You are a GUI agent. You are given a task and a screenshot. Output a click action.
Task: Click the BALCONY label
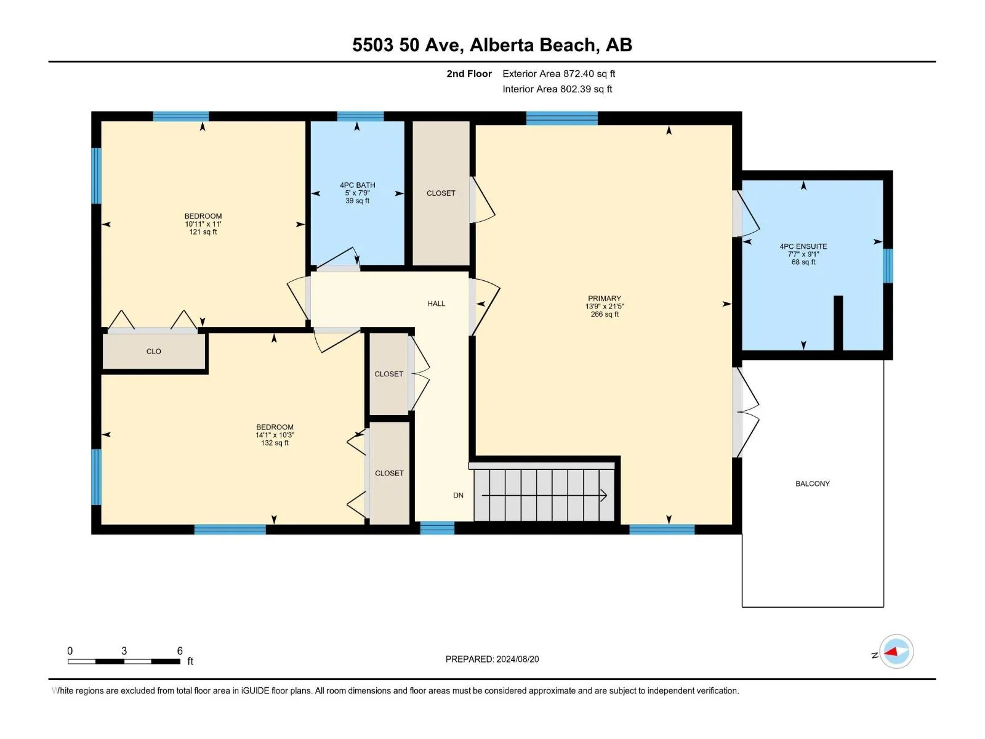[812, 483]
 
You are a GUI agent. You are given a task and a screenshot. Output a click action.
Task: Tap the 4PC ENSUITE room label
[803, 246]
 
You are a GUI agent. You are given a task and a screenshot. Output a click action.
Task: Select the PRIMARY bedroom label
[605, 299]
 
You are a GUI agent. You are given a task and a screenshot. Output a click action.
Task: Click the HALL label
[436, 304]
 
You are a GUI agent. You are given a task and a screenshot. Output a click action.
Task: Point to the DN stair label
[458, 495]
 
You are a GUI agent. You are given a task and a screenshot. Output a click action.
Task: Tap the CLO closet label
[153, 351]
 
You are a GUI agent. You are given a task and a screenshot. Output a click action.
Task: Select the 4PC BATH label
[357, 185]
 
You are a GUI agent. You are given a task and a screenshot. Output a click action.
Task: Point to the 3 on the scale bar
[124, 650]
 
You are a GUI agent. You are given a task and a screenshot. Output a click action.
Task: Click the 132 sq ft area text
[275, 443]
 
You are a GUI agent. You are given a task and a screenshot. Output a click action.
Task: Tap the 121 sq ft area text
[203, 232]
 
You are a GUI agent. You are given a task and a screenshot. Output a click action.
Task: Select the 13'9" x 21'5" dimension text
[605, 307]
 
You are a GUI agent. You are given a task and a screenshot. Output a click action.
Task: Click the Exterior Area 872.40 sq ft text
[559, 73]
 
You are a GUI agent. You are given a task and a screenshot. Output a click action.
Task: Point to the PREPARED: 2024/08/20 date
[492, 659]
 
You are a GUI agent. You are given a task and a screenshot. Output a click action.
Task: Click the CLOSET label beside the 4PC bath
[441, 193]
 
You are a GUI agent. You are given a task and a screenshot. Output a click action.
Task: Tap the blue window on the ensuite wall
[888, 265]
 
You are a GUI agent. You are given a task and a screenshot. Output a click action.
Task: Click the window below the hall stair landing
[437, 528]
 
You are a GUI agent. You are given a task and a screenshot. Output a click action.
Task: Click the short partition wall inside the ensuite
[838, 323]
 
